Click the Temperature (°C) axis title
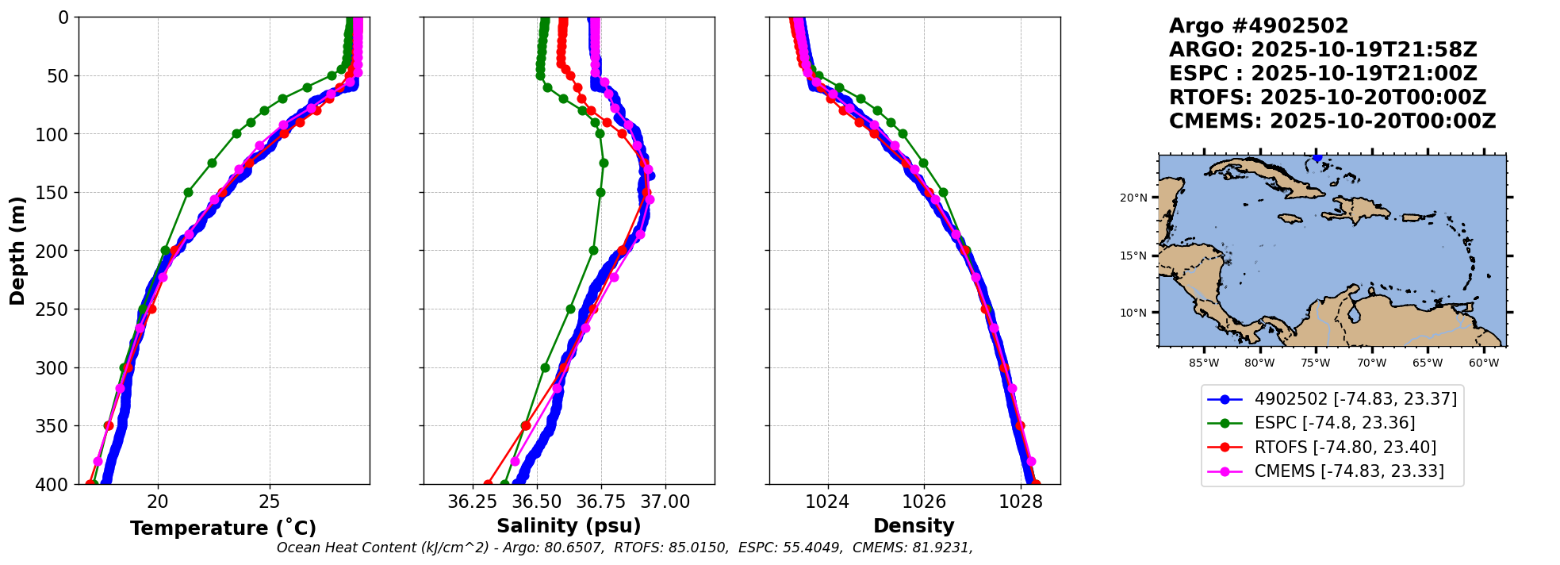coord(223,528)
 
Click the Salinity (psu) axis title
coord(569,526)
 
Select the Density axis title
coord(914,526)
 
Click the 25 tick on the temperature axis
coord(270,502)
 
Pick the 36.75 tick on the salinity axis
coord(600,502)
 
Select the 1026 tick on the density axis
coord(924,502)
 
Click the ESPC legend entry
coord(1334,423)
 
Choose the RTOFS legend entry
coord(1345,448)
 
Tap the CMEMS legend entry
coord(1348,471)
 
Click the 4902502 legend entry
coord(1355,399)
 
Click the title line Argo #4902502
coord(1259,26)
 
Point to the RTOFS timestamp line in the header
coord(1328,98)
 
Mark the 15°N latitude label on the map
coord(1133,256)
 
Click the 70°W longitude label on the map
coord(1371,363)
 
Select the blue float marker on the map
coord(1317,157)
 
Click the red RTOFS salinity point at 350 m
coord(526,426)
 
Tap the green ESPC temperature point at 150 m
coord(188,192)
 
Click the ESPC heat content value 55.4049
coord(813,548)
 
